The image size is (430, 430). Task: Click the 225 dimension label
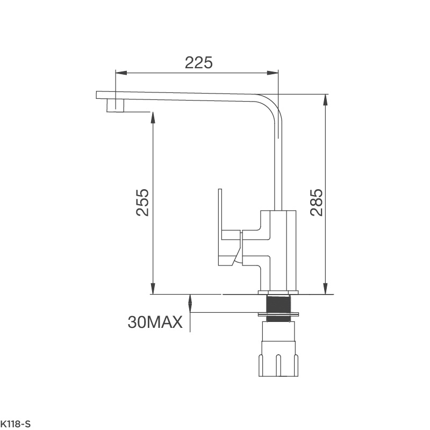tap(199, 62)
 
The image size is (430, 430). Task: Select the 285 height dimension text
tap(317, 202)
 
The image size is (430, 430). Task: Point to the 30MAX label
tap(155, 322)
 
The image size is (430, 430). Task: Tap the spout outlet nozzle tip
tap(116, 105)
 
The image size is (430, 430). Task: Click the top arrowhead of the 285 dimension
tap(325, 98)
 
